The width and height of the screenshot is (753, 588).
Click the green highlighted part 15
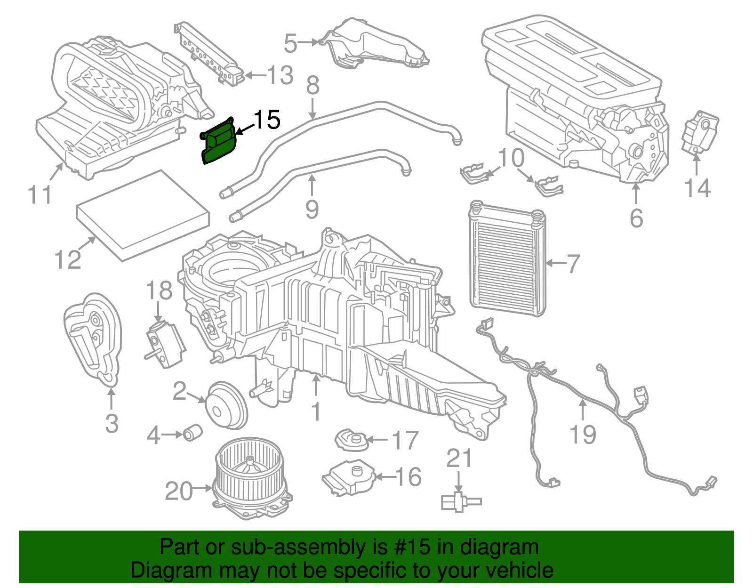(x=219, y=144)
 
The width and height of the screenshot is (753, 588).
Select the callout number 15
(x=267, y=120)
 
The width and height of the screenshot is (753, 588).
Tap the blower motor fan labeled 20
(x=252, y=478)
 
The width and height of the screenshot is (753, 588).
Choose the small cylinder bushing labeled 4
(x=192, y=432)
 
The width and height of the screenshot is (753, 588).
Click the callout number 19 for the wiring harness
(x=583, y=434)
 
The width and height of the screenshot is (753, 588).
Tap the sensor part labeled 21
(x=459, y=501)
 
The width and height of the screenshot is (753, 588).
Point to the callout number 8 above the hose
(x=312, y=86)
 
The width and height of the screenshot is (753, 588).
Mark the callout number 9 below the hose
(x=312, y=209)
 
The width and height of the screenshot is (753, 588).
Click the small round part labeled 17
(x=351, y=440)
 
